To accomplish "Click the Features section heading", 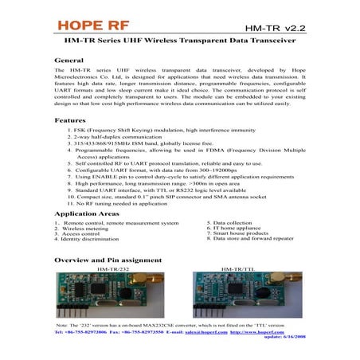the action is (70, 119).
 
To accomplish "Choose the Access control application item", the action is (80, 233).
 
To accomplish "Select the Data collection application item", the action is (232, 222).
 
